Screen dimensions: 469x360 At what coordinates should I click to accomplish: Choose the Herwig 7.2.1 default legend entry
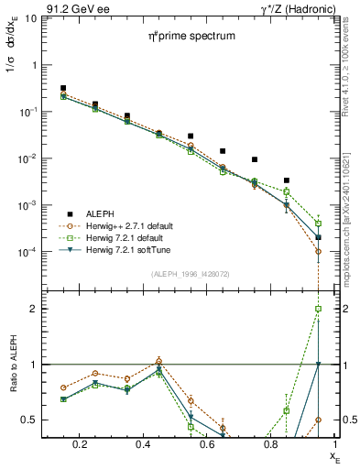tap(132, 236)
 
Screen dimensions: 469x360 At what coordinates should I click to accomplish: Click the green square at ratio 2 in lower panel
tap(318, 309)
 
